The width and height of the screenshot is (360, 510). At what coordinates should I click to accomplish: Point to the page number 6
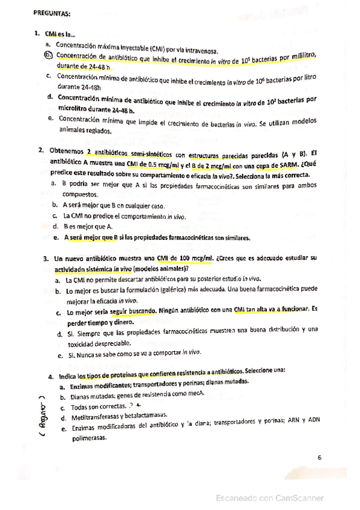point(319,458)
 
